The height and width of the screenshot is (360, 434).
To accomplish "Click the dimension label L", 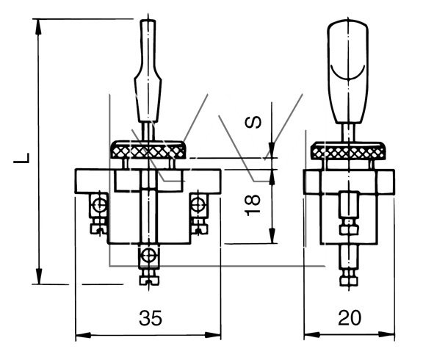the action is pyautogui.click(x=21, y=158).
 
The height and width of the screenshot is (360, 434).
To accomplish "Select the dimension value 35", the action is pyautogui.click(x=151, y=317).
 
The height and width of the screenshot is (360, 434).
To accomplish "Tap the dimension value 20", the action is pyautogui.click(x=350, y=317).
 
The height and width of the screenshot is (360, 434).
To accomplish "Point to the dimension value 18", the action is pyautogui.click(x=253, y=205).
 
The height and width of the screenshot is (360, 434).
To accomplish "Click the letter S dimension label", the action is pyautogui.click(x=253, y=122).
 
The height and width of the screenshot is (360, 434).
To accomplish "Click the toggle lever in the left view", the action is pyautogui.click(x=148, y=71).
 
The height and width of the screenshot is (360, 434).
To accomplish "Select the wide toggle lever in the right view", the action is pyautogui.click(x=348, y=71).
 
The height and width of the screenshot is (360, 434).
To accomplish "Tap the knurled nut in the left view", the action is pyautogui.click(x=148, y=150).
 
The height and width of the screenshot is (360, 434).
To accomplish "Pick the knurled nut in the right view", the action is pyautogui.click(x=348, y=151).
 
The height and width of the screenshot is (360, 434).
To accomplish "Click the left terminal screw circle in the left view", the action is pyautogui.click(x=99, y=205).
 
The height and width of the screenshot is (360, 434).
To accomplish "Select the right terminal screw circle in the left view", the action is pyautogui.click(x=198, y=205).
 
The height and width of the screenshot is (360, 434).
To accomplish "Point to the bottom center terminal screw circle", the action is pyautogui.click(x=148, y=255).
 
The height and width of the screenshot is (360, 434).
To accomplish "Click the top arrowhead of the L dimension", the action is pyautogui.click(x=38, y=27).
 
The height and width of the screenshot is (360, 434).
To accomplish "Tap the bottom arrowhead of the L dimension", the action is pyautogui.click(x=40, y=276).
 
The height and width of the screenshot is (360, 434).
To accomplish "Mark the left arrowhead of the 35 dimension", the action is pyautogui.click(x=83, y=335).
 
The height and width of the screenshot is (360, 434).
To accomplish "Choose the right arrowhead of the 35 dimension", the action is pyautogui.click(x=213, y=335).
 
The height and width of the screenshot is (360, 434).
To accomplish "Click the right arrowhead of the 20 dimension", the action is pyautogui.click(x=387, y=335).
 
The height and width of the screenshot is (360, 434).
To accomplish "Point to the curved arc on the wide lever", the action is pyautogui.click(x=348, y=73).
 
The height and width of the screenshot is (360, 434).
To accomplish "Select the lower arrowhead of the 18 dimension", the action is pyautogui.click(x=272, y=236).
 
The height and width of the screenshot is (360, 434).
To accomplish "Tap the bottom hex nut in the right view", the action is pyautogui.click(x=349, y=282).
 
